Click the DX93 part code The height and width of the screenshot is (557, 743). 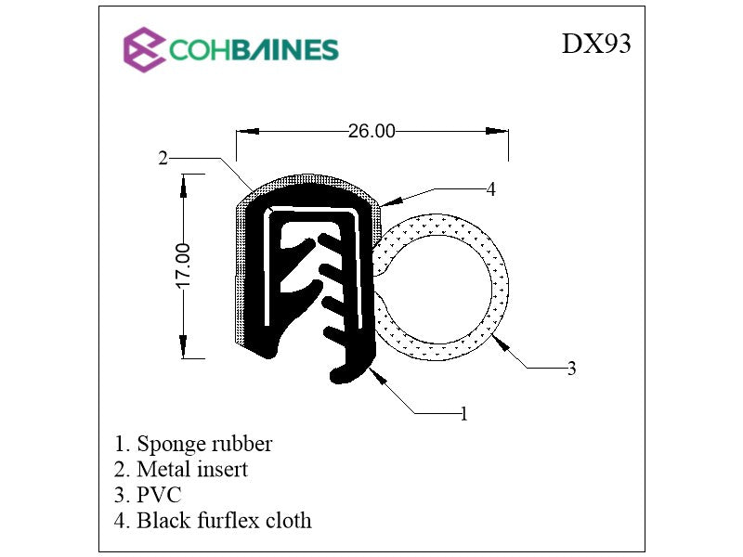[595, 44]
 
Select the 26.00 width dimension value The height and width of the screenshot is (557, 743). [371, 132]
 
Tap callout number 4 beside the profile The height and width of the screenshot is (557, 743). [490, 189]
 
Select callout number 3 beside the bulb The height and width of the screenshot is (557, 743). [571, 369]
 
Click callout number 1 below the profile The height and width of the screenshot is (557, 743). [463, 413]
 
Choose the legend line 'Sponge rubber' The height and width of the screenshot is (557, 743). [193, 444]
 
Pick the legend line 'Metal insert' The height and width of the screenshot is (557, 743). [181, 470]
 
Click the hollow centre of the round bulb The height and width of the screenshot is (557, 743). [439, 285]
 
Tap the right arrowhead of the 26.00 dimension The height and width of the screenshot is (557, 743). [501, 132]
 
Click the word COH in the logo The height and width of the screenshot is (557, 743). [196, 49]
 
